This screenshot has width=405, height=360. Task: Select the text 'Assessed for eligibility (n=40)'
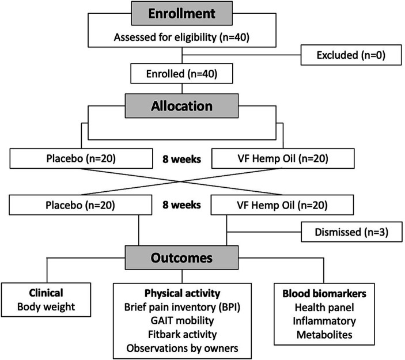point(183,39)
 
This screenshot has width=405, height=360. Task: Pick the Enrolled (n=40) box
point(182,73)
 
